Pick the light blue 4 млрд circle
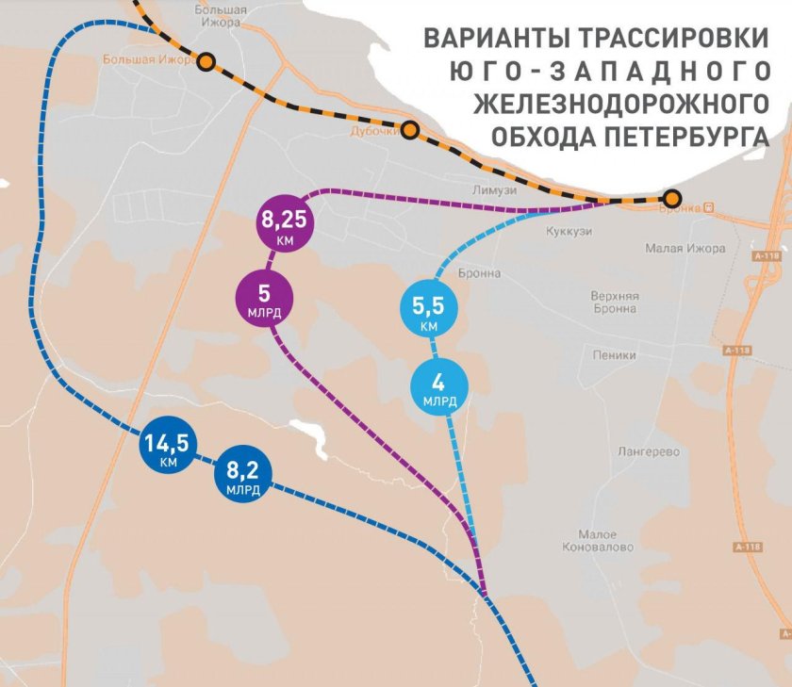[437, 388]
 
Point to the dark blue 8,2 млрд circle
[242, 477]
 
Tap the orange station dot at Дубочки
[410, 129]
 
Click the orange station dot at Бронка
[671, 199]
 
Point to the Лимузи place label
[495, 189]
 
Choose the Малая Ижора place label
[685, 248]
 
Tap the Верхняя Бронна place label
[615, 303]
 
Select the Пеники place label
[615, 355]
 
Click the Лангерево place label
[648, 451]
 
